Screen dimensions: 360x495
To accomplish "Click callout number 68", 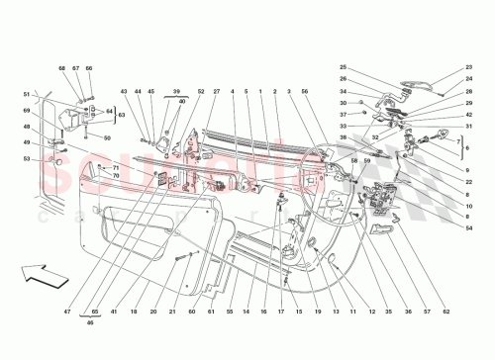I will (61, 68).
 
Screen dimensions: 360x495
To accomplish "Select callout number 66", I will (88, 68).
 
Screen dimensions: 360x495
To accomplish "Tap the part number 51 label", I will (27, 95).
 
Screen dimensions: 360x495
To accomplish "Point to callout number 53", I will (27, 158).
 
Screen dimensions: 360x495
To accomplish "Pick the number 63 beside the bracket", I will (122, 115).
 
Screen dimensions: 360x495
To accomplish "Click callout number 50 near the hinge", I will (106, 137).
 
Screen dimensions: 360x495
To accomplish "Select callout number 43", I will (125, 93).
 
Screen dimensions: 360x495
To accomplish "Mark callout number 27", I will (216, 93).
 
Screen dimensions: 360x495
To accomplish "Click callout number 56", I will (305, 93).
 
